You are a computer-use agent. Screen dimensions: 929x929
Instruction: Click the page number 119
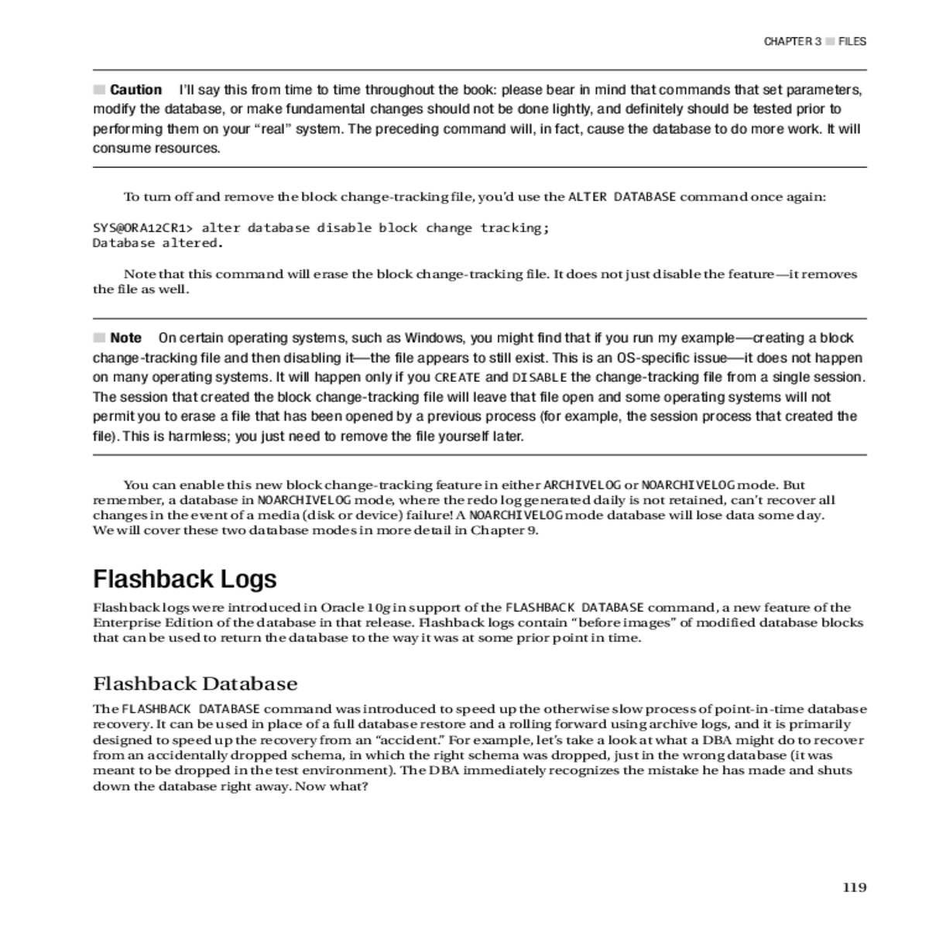coord(854,887)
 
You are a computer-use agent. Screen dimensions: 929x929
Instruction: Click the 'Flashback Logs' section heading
coord(184,579)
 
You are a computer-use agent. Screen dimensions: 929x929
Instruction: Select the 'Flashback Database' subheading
coord(195,684)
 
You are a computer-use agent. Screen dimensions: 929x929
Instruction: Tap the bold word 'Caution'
coord(135,90)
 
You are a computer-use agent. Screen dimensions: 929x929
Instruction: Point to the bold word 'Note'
coord(125,338)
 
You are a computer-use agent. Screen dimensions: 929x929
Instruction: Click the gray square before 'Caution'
coord(99,89)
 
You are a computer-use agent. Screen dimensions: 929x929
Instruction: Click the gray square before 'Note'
coord(99,338)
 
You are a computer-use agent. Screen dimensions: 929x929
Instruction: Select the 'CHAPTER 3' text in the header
coord(792,42)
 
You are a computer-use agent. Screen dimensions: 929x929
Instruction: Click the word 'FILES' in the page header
coord(852,42)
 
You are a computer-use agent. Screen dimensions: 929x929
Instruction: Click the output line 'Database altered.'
coord(158,243)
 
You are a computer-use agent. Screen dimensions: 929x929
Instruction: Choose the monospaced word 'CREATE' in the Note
coord(458,378)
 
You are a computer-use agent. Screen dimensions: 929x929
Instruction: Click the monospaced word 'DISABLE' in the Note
coord(540,378)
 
